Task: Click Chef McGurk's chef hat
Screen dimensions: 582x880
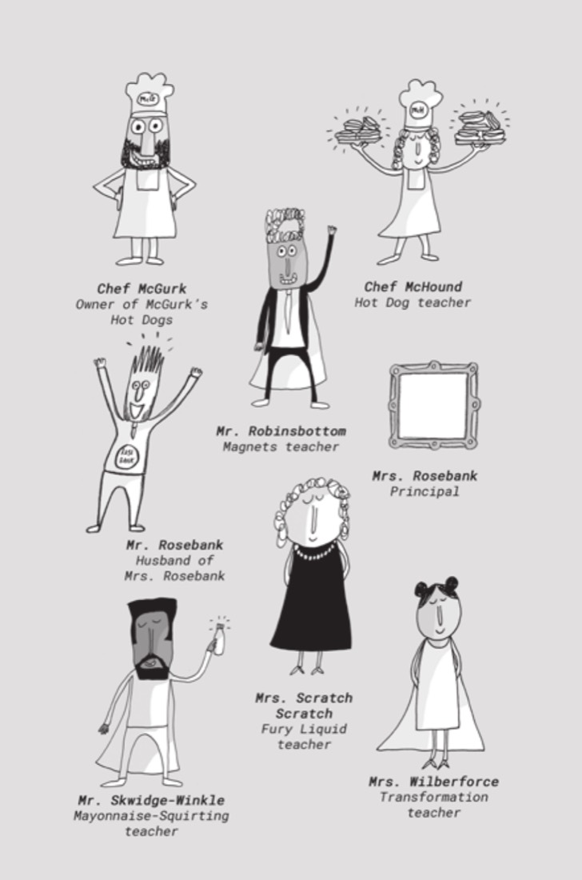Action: click(149, 94)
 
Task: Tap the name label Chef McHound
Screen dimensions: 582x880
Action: click(413, 286)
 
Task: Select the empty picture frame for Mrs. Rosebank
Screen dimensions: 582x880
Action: click(433, 406)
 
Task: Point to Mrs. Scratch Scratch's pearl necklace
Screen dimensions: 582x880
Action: click(314, 553)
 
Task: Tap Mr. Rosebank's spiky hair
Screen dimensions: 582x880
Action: click(147, 360)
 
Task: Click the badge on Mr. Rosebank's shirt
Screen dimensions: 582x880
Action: click(126, 456)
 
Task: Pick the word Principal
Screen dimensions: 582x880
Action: click(425, 492)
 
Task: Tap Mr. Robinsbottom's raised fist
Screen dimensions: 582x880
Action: click(331, 230)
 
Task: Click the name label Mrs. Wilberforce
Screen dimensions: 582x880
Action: click(433, 782)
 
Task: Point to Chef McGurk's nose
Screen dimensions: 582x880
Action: click(148, 140)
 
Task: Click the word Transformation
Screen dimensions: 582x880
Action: click(433, 797)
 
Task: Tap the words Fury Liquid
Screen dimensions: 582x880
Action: click(304, 729)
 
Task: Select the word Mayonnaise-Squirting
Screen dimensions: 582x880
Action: click(151, 815)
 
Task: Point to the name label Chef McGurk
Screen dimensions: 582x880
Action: click(142, 289)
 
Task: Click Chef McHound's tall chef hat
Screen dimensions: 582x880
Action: click(419, 105)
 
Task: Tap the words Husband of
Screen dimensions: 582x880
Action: click(174, 560)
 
